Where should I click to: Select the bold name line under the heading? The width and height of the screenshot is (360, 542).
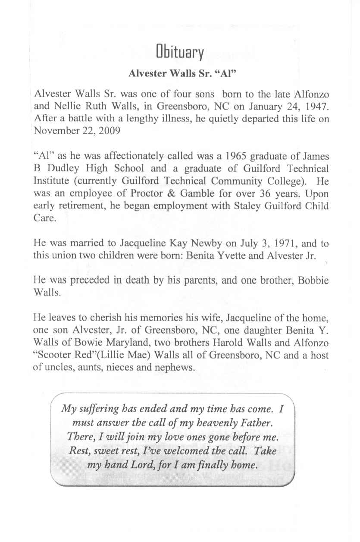181,73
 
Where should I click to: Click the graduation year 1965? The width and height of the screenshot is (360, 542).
234,156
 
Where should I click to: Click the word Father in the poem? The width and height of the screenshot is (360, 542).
253,420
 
